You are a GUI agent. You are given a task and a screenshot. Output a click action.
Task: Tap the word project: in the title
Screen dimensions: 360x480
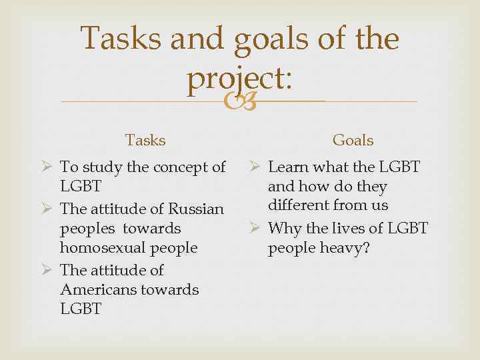click(239, 80)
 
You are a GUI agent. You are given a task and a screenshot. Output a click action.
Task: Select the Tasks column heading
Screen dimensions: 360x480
click(145, 140)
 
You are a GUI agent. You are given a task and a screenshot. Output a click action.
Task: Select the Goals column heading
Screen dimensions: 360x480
click(353, 140)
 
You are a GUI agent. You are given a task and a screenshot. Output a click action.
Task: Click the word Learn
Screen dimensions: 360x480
click(289, 167)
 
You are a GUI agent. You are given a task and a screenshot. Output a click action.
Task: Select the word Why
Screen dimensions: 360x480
click(285, 229)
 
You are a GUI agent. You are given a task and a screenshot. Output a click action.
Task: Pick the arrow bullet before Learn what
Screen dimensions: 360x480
click(254, 167)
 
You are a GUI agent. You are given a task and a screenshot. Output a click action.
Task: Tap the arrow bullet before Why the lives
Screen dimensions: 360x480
click(254, 229)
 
